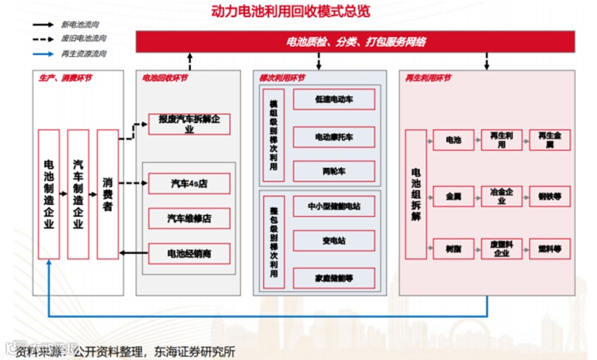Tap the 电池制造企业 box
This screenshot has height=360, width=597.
[49, 194]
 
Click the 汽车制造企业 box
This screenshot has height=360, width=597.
[78, 194]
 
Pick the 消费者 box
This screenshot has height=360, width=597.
[107, 194]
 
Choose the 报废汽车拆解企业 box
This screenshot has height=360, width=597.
[190, 124]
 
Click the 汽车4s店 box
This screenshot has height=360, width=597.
[190, 184]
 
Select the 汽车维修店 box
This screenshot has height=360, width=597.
[190, 219]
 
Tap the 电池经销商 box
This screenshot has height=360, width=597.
[190, 253]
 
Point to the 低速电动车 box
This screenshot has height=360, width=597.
[334, 99]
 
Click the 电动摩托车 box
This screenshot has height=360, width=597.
[334, 137]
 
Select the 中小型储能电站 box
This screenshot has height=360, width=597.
[334, 207]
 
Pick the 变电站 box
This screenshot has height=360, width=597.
[334, 241]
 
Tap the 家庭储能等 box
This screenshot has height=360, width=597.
[334, 278]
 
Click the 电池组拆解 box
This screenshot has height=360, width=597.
[416, 194]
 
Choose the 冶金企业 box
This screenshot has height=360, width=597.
[501, 196]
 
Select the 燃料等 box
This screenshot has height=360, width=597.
[550, 249]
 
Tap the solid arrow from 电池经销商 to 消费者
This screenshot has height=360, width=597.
[134, 252]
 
